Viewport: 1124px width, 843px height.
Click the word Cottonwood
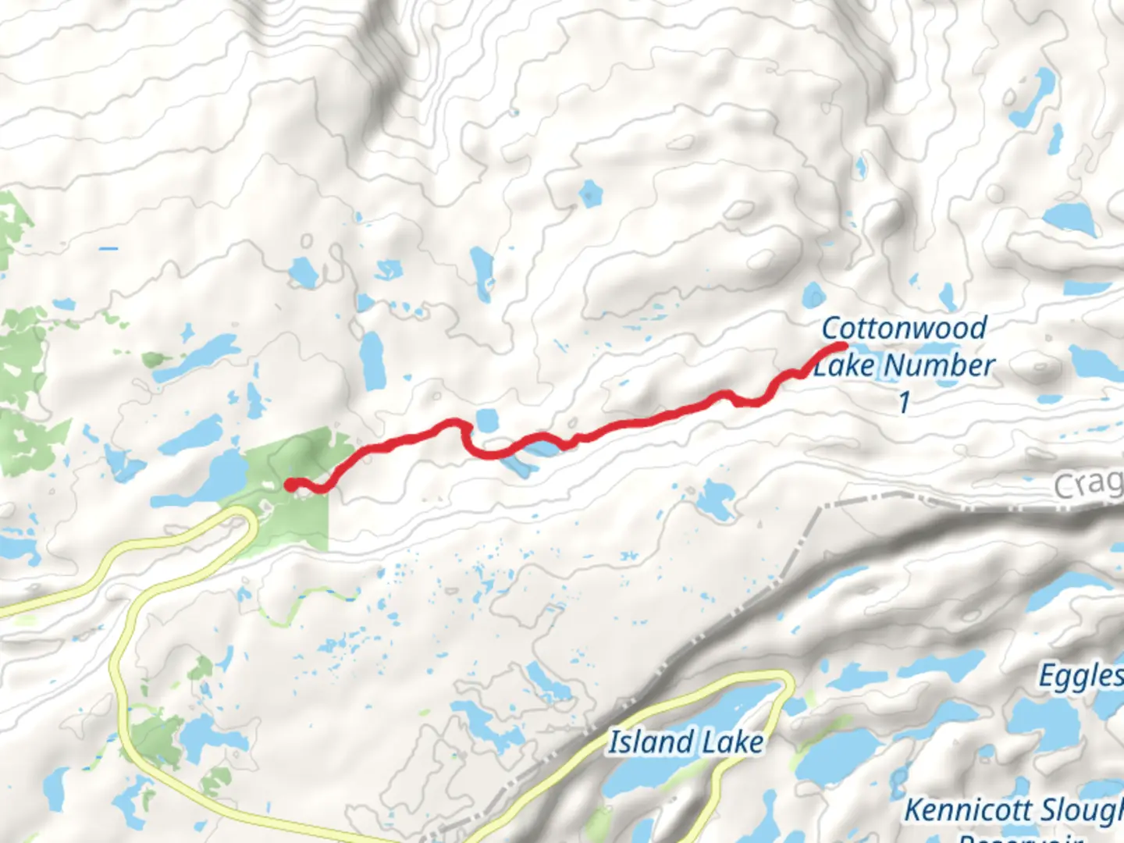coord(904,328)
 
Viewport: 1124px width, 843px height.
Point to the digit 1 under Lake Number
coord(904,402)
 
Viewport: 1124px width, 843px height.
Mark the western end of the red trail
coord(290,485)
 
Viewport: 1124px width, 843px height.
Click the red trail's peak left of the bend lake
coord(453,423)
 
